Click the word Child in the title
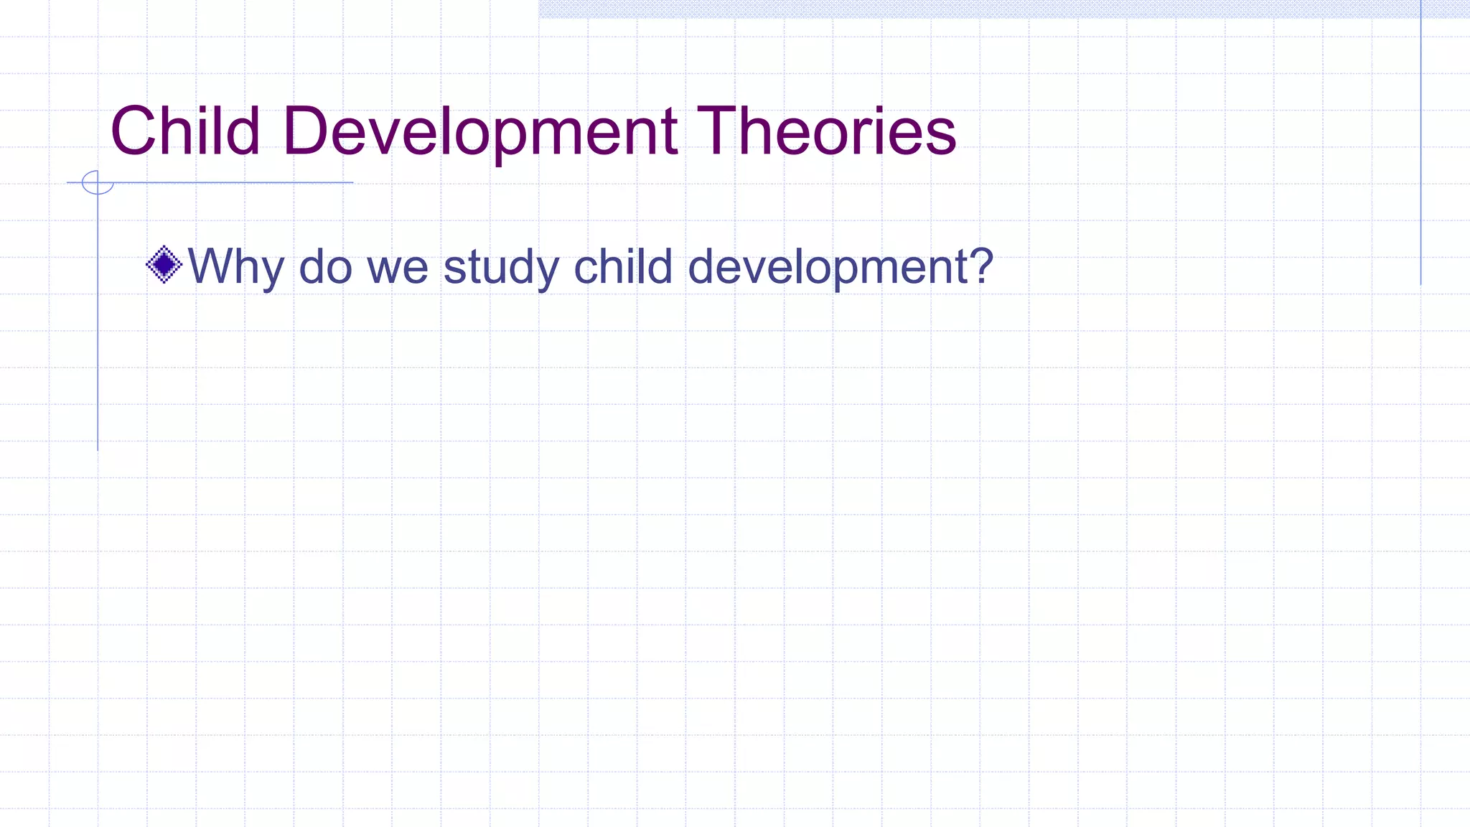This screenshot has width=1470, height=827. pos(184,131)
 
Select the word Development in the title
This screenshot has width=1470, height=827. pos(479,131)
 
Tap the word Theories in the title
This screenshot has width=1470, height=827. pos(826,131)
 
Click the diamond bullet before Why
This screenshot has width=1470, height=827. pos(164,265)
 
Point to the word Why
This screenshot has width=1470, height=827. pos(235,266)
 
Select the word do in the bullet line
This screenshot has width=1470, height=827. pos(325,266)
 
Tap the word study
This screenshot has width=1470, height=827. pos(501,266)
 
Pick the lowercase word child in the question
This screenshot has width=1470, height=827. pos(622,266)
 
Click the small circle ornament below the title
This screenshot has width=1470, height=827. pos(98,182)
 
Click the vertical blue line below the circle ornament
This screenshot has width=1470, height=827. pos(98,323)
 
